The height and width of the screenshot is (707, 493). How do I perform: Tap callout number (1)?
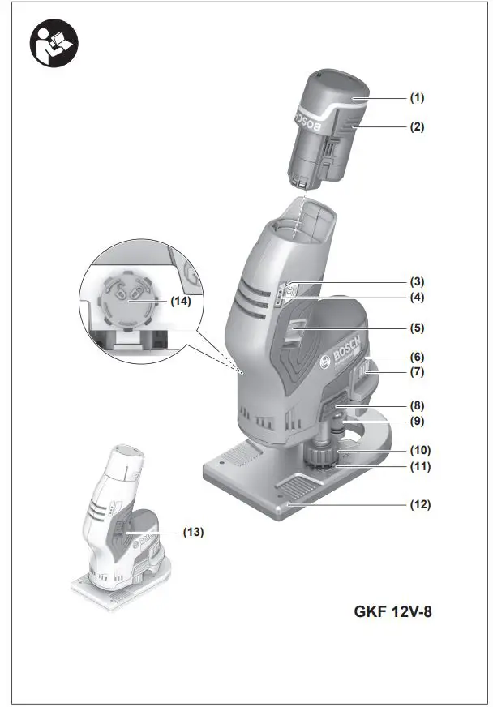416,98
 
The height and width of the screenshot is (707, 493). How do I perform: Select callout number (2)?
416,127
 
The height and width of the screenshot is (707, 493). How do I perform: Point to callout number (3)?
416,282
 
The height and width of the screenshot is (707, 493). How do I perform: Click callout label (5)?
416,328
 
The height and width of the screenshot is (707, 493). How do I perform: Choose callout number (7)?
416,372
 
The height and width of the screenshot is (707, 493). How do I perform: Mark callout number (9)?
416,422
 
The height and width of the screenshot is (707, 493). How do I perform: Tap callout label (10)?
419,450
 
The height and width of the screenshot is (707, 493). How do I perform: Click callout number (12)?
419,503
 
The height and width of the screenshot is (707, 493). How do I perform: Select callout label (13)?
191,533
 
